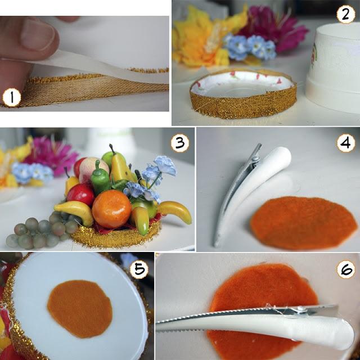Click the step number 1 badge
(12, 97)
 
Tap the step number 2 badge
(346, 14)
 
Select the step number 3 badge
(180, 143)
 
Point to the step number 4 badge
(346, 143)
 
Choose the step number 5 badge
(139, 269)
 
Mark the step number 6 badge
(346, 269)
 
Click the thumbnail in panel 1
(38, 34)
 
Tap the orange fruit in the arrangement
(111, 209)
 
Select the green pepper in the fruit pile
(100, 178)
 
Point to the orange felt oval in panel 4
(304, 223)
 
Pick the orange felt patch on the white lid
(80, 309)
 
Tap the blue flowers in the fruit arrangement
(149, 179)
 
